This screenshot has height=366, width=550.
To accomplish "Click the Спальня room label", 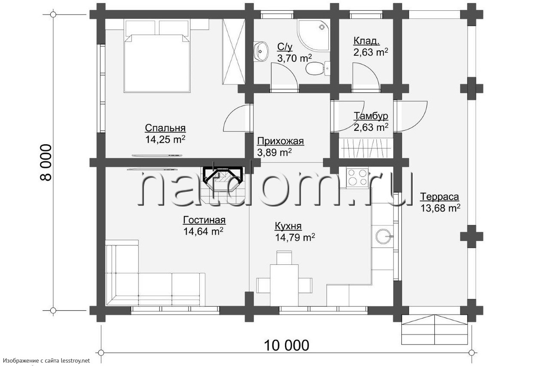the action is click(165, 128).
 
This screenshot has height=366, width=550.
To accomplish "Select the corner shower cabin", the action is click(314, 36).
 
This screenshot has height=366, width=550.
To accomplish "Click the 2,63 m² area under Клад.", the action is click(371, 52).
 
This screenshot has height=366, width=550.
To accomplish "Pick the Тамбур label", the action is click(371, 116).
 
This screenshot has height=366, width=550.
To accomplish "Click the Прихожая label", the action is click(281, 141).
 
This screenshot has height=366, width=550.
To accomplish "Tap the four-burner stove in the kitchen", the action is click(357, 178).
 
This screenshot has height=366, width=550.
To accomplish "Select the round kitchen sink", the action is click(383, 236).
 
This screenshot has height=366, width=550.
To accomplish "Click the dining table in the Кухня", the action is click(284, 285).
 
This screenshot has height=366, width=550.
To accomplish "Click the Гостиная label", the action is click(204, 220).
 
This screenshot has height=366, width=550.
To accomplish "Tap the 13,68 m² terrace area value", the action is click(440, 208).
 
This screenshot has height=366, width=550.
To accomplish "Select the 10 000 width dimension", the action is click(287, 345).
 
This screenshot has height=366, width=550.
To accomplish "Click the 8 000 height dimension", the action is click(46, 163).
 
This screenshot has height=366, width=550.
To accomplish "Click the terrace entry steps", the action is click(435, 330).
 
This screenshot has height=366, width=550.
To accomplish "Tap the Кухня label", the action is click(288, 226).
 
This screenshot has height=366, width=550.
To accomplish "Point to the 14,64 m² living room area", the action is click(203, 231).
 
